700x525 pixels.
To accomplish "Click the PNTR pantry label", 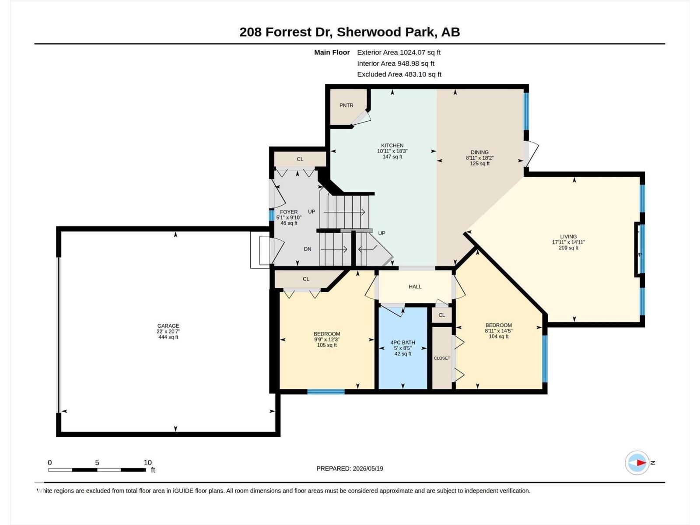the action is [x=346, y=105].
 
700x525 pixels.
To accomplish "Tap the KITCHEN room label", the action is [x=392, y=145].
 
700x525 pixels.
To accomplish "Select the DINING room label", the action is [x=479, y=152].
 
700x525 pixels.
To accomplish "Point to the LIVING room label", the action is [x=568, y=237].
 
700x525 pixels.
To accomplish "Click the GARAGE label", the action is [x=168, y=326].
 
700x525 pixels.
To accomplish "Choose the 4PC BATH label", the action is [x=403, y=343].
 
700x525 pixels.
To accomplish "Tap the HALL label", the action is [x=415, y=287].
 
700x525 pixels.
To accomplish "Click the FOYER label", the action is [x=289, y=212].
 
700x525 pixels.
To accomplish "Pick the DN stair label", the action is [x=308, y=249].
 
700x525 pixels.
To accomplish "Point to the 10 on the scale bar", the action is [x=147, y=462].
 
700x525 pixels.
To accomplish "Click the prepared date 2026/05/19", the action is [x=367, y=469].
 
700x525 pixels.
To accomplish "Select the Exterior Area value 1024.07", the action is [x=413, y=52].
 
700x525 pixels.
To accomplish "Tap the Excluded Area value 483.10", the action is [x=415, y=74].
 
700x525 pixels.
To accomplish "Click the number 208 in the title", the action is [x=251, y=32].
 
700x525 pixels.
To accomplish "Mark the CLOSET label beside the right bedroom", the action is [x=442, y=358].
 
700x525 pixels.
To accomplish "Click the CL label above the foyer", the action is [x=300, y=159].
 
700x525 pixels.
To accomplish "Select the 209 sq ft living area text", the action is [x=568, y=248].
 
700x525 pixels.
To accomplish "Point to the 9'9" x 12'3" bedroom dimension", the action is [x=327, y=339].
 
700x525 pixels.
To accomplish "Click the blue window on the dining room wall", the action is [x=526, y=111].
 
